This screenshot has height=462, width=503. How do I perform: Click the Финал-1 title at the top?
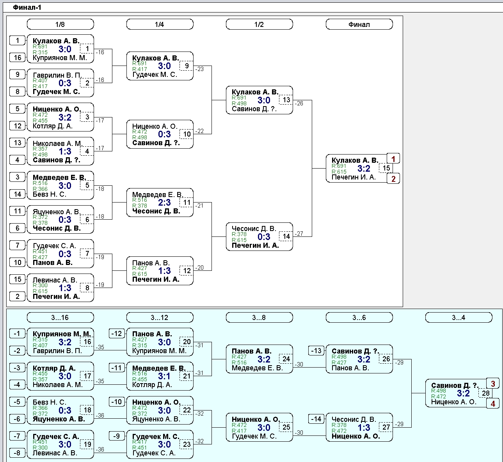[x=27, y=7]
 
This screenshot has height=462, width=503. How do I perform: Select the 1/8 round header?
[x=60, y=24]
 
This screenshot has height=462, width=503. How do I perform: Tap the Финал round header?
[x=359, y=24]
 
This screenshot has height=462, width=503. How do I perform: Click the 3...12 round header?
[x=160, y=318]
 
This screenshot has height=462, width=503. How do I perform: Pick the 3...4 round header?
[x=459, y=318]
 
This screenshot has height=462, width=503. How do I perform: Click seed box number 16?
[x=18, y=57]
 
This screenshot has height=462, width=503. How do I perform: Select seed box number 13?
[x=18, y=143]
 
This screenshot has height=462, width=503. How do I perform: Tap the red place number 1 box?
[x=393, y=159]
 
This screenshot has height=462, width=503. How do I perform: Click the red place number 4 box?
[x=493, y=403]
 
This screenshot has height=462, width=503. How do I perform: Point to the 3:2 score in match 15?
[x=364, y=168]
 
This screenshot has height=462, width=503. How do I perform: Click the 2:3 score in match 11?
[x=164, y=203]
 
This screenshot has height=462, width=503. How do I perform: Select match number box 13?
[x=286, y=100]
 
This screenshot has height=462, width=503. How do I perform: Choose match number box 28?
[x=485, y=393]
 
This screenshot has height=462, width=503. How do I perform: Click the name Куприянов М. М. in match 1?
[x=60, y=58]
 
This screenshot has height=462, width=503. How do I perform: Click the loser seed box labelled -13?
[x=316, y=351]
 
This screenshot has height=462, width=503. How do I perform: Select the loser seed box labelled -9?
[x=116, y=436]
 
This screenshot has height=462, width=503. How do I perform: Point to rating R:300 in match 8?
[x=40, y=285]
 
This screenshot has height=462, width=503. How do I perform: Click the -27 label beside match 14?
[x=299, y=233]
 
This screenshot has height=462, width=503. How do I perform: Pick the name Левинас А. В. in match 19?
[x=55, y=453]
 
